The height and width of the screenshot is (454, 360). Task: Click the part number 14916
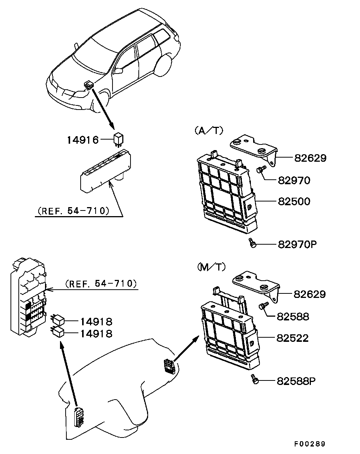tap(83, 140)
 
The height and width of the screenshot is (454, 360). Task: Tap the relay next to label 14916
tap(119, 140)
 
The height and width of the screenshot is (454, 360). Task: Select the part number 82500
tap(294, 201)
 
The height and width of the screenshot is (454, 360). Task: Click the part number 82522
tap(292, 338)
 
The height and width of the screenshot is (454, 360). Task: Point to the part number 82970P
tap(297, 245)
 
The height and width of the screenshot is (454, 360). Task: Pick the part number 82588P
tap(296, 381)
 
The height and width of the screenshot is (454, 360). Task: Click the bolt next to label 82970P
tap(252, 243)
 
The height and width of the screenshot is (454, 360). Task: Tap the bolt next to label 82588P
tap(255, 379)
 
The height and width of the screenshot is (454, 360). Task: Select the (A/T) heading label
tap(208, 131)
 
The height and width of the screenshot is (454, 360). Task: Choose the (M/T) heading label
tap(211, 267)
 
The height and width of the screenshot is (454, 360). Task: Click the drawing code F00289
tap(310, 444)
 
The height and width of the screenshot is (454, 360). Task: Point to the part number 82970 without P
tap(294, 180)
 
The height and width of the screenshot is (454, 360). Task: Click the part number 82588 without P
tap(293, 316)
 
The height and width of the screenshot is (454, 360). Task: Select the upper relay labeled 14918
tap(57, 320)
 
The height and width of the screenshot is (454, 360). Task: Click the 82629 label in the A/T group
tap(310, 158)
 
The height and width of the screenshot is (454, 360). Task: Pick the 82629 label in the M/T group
tap(310, 294)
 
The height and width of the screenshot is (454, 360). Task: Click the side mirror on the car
tap(118, 70)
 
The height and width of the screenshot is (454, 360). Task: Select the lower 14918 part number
tap(96, 334)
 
